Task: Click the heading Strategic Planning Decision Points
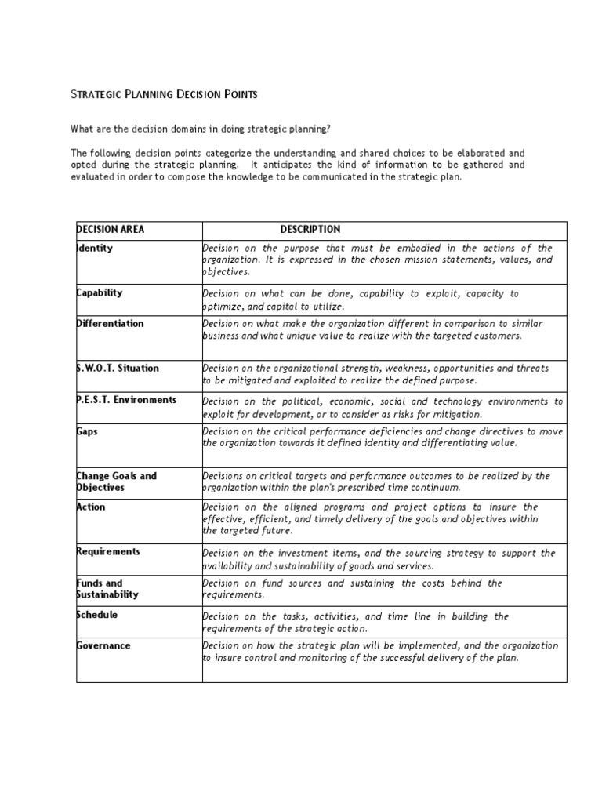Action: tap(164, 95)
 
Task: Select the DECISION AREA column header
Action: tap(111, 230)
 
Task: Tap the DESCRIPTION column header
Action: tap(310, 230)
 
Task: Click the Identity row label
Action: tap(95, 249)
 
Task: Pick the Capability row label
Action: tap(100, 292)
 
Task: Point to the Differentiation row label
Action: tap(110, 323)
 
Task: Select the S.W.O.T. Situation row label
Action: tap(118, 368)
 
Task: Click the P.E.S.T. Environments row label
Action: tap(126, 400)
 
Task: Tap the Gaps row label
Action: tap(87, 431)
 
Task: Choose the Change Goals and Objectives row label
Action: tap(116, 481)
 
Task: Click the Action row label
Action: tap(91, 507)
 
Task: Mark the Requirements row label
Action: tap(108, 551)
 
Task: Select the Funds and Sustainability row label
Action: tap(107, 588)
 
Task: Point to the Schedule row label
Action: tap(97, 615)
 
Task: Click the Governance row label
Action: tap(103, 645)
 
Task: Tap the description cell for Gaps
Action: tap(383, 437)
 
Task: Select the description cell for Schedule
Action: tap(355, 622)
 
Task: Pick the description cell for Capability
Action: tap(360, 300)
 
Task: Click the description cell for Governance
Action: tap(380, 652)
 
